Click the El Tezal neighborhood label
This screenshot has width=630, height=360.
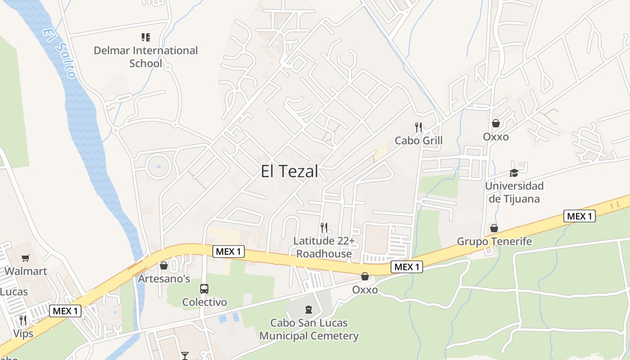289,171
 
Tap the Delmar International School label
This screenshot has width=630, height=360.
145,57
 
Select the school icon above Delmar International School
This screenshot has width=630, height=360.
145,37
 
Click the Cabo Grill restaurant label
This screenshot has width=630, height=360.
418,141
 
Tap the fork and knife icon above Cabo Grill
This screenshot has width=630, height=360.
418,127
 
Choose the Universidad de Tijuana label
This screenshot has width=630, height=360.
514,192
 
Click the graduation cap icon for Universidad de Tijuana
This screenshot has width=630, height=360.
514,173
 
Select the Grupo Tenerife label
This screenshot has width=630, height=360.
494,242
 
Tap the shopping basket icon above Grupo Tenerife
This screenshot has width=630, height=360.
494,229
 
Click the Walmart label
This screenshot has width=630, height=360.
26,271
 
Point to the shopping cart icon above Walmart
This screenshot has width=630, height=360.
26,258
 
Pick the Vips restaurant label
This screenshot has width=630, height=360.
23,334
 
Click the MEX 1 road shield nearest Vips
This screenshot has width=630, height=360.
65,311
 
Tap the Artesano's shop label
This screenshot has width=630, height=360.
164,279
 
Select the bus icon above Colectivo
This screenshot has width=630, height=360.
204,288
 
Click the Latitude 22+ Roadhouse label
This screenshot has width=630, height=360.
324,247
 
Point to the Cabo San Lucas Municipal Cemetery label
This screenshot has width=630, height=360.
309,329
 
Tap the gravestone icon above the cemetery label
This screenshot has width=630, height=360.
309,310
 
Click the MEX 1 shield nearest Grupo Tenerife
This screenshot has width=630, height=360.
580,216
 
